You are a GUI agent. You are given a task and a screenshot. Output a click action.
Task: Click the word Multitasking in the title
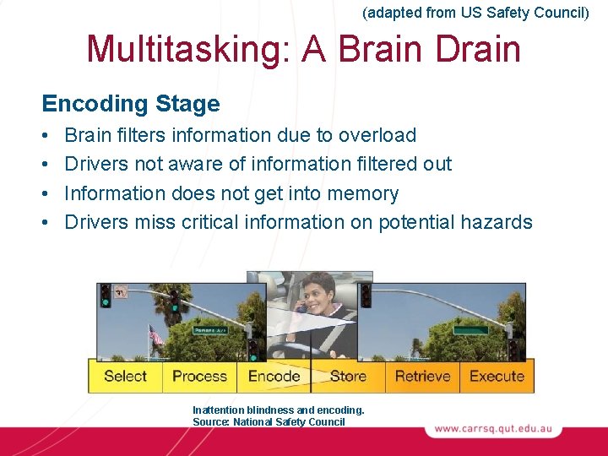[174, 49]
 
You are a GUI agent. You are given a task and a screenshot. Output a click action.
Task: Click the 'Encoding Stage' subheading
[131, 104]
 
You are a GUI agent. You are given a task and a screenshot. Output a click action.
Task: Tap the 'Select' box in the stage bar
[125, 377]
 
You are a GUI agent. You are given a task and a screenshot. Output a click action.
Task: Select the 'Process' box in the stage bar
[199, 377]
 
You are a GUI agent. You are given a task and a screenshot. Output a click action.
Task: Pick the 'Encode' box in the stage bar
[274, 377]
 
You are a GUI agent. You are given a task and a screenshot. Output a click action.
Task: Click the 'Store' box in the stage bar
[348, 377]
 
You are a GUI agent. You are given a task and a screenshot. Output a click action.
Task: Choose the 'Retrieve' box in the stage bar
[422, 377]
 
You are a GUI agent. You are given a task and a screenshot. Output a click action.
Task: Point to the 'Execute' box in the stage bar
[497, 377]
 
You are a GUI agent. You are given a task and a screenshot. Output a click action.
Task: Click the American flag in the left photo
[155, 337]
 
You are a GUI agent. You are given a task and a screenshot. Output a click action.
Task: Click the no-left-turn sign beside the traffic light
[121, 291]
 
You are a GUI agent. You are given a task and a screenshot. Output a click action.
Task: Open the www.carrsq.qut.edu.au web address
[493, 429]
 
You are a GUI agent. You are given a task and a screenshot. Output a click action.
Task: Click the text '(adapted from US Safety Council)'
[475, 13]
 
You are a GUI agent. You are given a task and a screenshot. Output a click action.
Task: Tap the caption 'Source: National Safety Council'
[269, 421]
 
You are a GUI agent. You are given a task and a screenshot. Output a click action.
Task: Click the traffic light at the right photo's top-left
[366, 295]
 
